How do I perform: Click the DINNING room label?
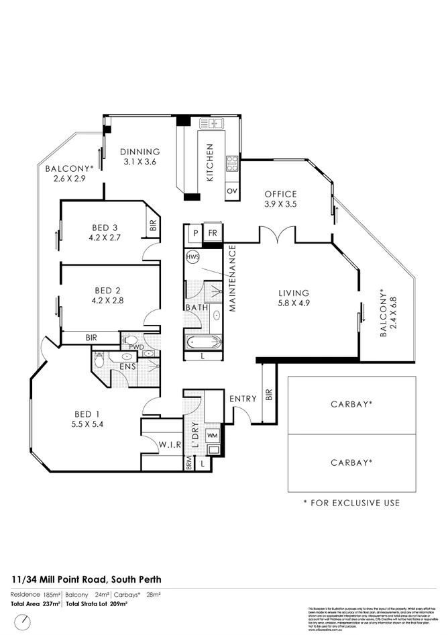point(141,152)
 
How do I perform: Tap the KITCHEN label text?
point(210,163)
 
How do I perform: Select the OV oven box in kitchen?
point(233,191)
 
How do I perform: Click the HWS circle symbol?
point(193,257)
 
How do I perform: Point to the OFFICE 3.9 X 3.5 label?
point(280,199)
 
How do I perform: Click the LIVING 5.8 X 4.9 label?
point(294,298)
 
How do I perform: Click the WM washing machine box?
point(213,436)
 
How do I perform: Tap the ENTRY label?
point(243,399)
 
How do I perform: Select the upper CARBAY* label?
point(351,405)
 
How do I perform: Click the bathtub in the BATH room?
point(203,342)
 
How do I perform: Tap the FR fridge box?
point(213,233)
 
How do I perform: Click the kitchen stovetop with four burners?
point(232,163)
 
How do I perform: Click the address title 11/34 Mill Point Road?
point(86,579)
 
